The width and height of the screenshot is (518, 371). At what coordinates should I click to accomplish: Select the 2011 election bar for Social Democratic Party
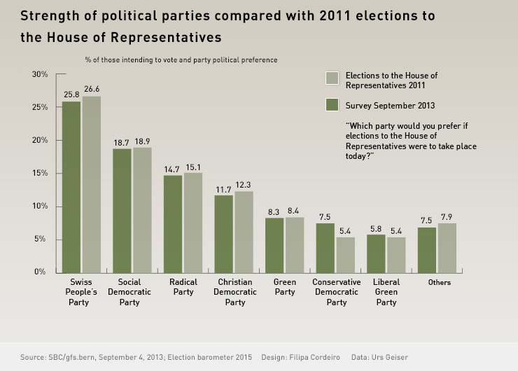tap(142, 210)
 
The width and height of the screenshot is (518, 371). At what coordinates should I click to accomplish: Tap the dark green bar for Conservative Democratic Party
tap(325, 248)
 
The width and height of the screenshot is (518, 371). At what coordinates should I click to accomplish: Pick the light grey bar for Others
tap(447, 248)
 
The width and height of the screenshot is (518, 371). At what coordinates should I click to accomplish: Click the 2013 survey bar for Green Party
tap(274, 245)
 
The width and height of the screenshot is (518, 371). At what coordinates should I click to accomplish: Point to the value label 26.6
tap(92, 89)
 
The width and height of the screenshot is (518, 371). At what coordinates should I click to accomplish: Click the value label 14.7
tap(173, 168)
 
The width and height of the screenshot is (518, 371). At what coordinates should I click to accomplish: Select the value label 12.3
tap(244, 184)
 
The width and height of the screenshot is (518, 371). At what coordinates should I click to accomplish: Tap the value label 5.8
tap(377, 227)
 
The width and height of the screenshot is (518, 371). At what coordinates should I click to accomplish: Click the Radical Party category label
tap(183, 287)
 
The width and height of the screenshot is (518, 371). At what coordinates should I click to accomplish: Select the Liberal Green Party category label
tap(386, 292)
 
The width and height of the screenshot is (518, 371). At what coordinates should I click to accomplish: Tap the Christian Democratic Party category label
tap(234, 292)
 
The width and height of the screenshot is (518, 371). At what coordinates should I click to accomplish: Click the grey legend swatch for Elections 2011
tap(332, 78)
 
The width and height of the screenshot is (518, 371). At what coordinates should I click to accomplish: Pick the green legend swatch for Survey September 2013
tap(332, 106)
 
